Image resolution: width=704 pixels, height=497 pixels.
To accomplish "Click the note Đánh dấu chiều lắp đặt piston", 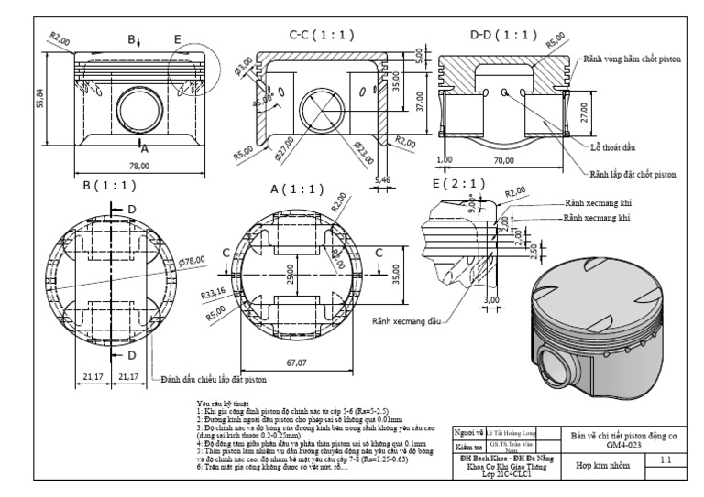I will point(214,378).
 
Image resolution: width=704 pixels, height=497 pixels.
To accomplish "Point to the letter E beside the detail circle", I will point(178,39).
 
